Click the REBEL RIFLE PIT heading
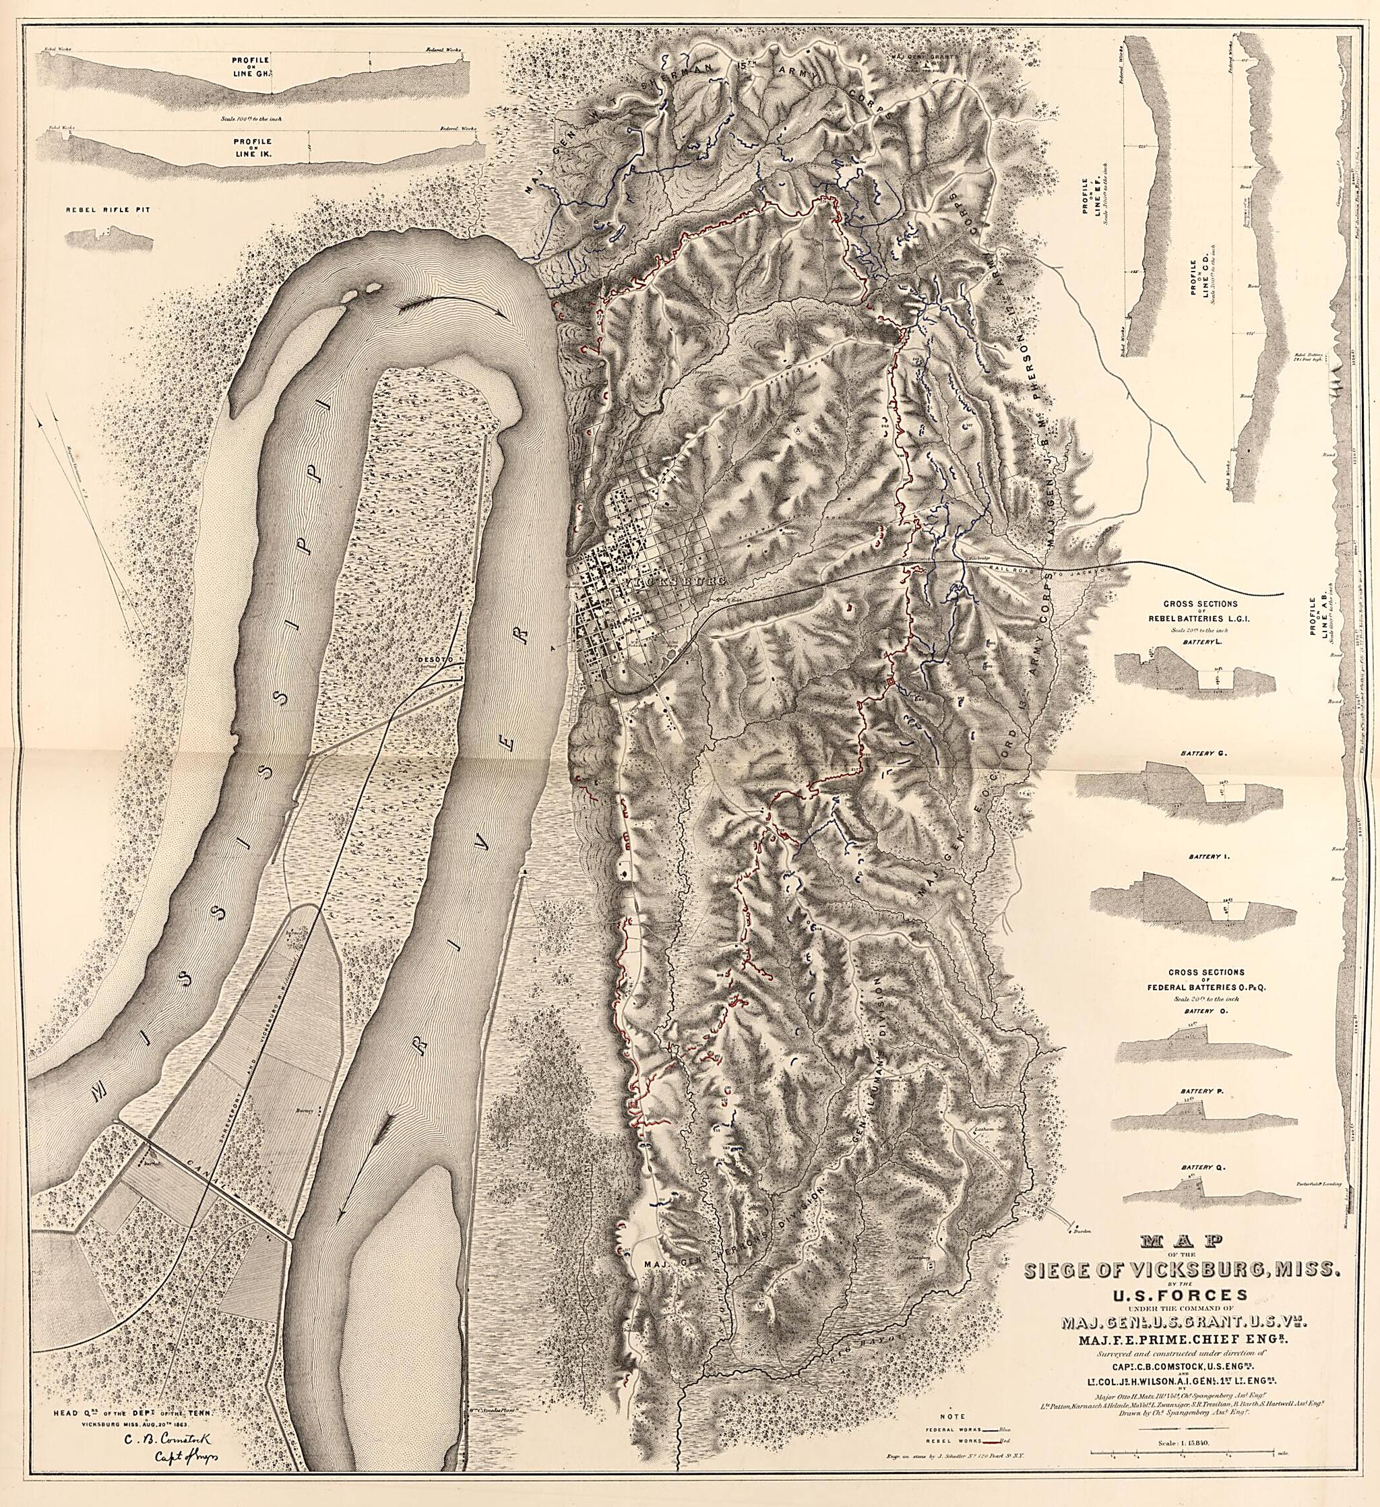108,210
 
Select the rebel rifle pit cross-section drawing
109,239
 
